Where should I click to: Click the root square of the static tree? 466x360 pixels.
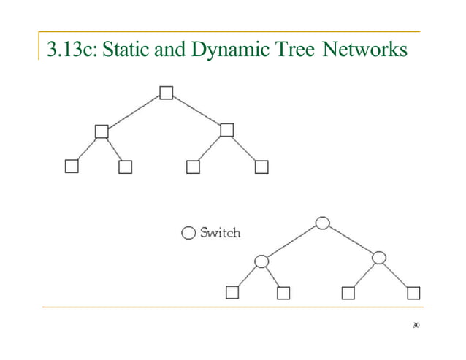(x=167, y=93)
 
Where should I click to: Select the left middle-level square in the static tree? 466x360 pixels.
(x=102, y=131)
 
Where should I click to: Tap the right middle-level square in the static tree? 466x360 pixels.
(x=226, y=130)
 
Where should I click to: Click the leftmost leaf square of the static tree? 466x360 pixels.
(x=72, y=166)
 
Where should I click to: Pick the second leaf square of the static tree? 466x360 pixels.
(x=126, y=167)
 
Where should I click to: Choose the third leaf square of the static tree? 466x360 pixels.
(x=193, y=167)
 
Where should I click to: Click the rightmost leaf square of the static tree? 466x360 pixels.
(x=261, y=167)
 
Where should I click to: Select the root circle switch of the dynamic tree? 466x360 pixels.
(x=322, y=222)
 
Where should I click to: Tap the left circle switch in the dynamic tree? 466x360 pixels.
(x=261, y=261)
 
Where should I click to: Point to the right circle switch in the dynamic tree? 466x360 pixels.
(x=378, y=258)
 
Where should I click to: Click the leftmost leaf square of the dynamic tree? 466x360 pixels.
(x=232, y=294)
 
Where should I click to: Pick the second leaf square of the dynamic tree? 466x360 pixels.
(x=283, y=294)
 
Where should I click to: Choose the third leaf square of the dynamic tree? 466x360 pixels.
(x=348, y=294)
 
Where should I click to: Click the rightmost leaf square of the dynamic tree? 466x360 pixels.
(x=414, y=294)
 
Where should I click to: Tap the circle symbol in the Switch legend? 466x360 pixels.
(x=188, y=234)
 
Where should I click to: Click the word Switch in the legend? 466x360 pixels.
(x=220, y=233)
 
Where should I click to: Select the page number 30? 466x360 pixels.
(x=416, y=325)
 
